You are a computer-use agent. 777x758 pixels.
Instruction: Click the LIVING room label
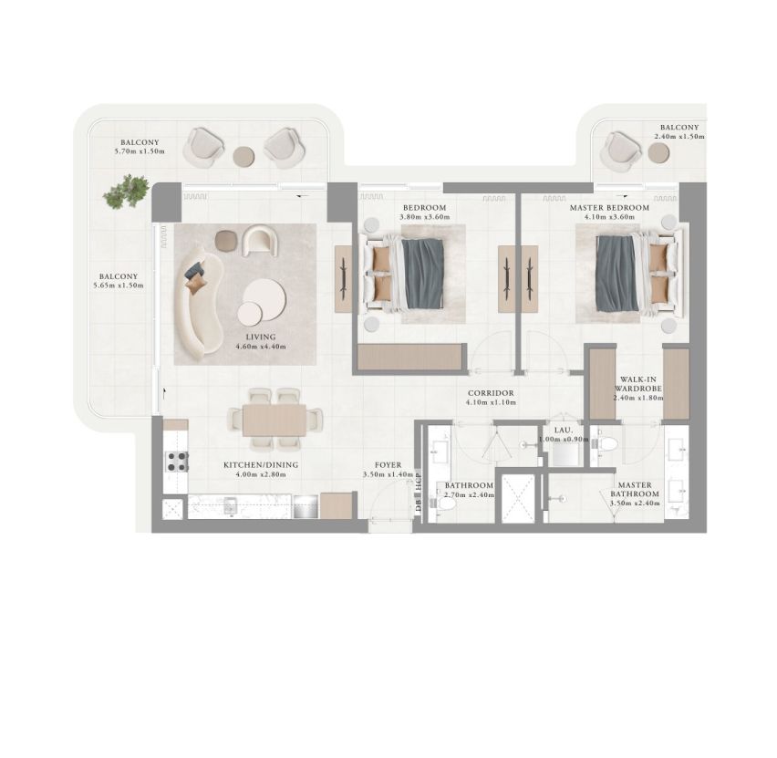pyautogui.click(x=261, y=337)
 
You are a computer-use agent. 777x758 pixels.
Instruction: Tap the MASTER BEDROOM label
pyautogui.click(x=609, y=208)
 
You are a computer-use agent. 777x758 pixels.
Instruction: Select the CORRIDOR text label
pyautogui.click(x=491, y=393)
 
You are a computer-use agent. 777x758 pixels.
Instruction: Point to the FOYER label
pyautogui.click(x=388, y=465)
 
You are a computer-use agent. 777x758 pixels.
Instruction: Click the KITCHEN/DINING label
pyautogui.click(x=261, y=465)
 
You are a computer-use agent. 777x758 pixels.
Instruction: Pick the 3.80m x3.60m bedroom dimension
pyautogui.click(x=425, y=217)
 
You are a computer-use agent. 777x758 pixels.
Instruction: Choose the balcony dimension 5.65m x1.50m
pyautogui.click(x=119, y=286)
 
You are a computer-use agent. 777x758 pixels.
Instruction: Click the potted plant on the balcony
pyautogui.click(x=126, y=192)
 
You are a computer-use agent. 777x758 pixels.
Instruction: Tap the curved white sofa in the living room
pyautogui.click(x=200, y=303)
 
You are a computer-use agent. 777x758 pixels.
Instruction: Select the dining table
pyautogui.click(x=274, y=421)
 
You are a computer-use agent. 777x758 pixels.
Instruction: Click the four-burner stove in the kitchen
pyautogui.click(x=177, y=462)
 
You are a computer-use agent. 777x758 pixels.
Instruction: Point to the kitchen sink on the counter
pyautogui.click(x=231, y=506)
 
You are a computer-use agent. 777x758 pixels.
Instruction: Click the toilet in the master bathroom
pyautogui.click(x=607, y=444)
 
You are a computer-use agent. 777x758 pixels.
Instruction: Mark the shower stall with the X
pyautogui.click(x=518, y=499)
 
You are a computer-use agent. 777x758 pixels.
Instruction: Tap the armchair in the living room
pyautogui.click(x=260, y=241)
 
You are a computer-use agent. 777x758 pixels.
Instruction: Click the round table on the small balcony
pyautogui.click(x=658, y=152)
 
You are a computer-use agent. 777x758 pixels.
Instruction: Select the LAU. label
pyautogui.click(x=563, y=431)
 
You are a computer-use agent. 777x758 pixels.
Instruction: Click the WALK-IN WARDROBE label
pyautogui.click(x=637, y=384)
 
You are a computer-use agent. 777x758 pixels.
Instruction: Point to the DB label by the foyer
pyautogui.click(x=419, y=505)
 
